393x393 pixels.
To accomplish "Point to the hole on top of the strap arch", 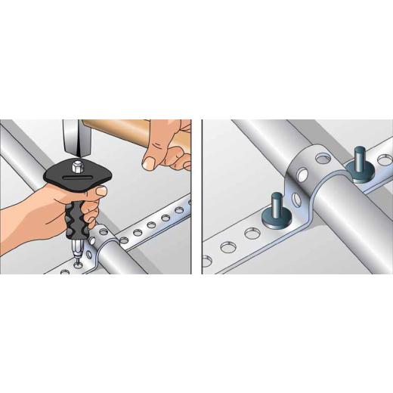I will tap(322, 159).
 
